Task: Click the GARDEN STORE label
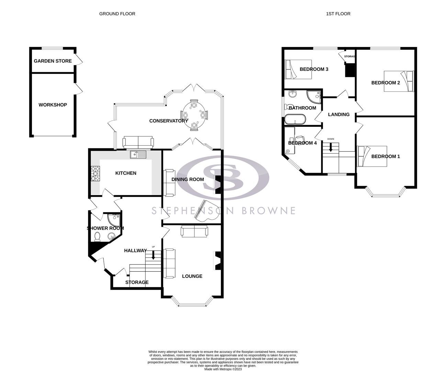[x=53, y=61]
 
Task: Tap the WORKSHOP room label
[x=53, y=105]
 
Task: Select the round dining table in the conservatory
[x=194, y=115]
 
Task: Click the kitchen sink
[x=138, y=155]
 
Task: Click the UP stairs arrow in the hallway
[x=153, y=255]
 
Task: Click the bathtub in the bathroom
[x=295, y=119]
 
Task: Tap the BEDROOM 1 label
[x=386, y=156]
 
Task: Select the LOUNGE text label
[x=192, y=276]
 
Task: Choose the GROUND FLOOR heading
[x=117, y=14]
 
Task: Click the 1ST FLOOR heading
[x=338, y=14]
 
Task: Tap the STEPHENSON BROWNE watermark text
[x=224, y=211]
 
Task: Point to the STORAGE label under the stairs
[x=137, y=282]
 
